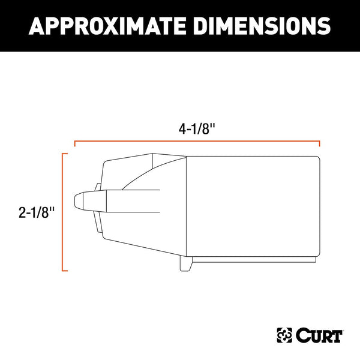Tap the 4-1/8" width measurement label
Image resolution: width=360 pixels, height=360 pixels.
(x=196, y=128)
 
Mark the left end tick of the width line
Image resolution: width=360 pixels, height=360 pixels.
(x=74, y=144)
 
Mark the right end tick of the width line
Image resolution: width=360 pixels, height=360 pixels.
(x=319, y=144)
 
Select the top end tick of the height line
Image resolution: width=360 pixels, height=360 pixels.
(x=65, y=154)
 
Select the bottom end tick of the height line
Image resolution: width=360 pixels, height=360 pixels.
(x=65, y=269)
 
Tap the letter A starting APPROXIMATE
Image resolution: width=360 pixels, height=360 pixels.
(x=37, y=26)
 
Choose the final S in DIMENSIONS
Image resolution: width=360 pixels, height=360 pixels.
(x=322, y=26)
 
